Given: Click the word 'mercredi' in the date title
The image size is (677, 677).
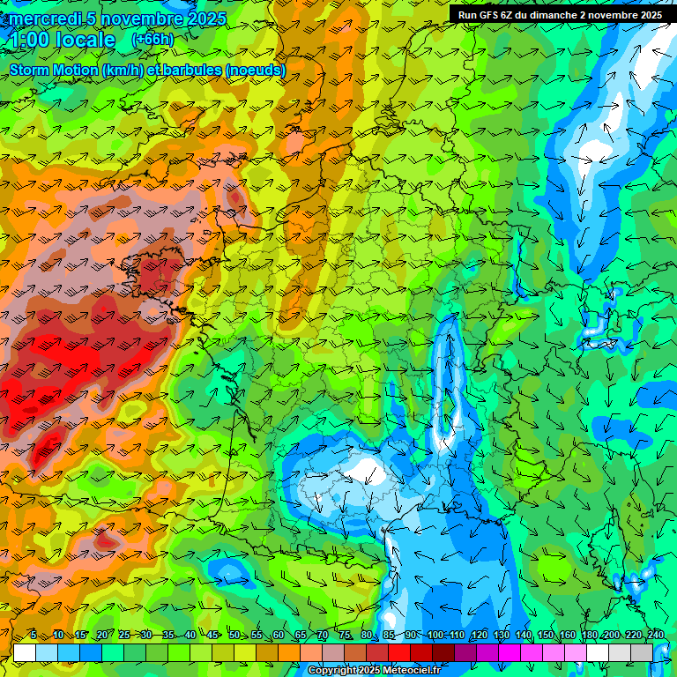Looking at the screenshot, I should (45, 19).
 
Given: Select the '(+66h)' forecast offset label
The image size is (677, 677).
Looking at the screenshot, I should (153, 40).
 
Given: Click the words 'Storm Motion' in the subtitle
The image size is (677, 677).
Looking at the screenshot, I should (51, 70).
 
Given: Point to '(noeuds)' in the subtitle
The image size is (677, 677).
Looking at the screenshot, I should (256, 70).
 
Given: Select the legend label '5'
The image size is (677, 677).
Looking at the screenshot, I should (33, 635).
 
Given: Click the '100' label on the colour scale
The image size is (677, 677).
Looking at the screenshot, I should (435, 635).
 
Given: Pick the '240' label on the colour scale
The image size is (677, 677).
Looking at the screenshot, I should (655, 635).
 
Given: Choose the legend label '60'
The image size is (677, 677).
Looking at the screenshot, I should (279, 635).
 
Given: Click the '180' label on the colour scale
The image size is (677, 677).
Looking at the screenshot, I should (590, 635).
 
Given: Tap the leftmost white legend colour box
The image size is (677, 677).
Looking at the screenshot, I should (25, 652).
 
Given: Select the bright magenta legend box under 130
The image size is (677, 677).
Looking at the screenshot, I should (510, 652).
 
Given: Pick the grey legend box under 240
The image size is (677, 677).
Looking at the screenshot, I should (642, 652).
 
